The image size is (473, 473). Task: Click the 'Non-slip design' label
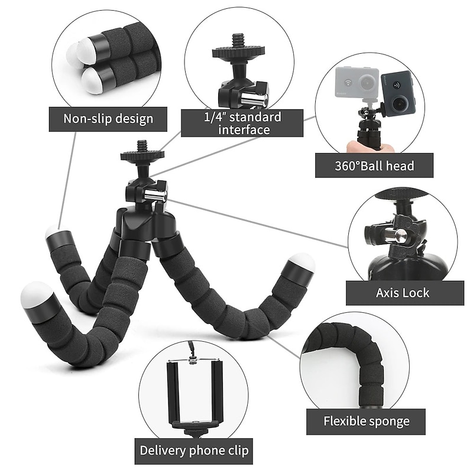click(x=108, y=118)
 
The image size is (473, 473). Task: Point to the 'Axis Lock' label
click(x=403, y=293)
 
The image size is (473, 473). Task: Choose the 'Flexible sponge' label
click(x=366, y=422)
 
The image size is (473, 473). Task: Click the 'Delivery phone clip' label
click(x=194, y=451)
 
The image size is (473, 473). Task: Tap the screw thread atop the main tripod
click(x=142, y=145)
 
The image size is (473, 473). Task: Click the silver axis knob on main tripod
click(x=155, y=194)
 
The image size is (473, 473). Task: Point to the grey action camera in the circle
click(x=357, y=85)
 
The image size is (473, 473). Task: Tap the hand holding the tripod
click(x=362, y=145)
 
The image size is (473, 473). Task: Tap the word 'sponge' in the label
click(x=387, y=422)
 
